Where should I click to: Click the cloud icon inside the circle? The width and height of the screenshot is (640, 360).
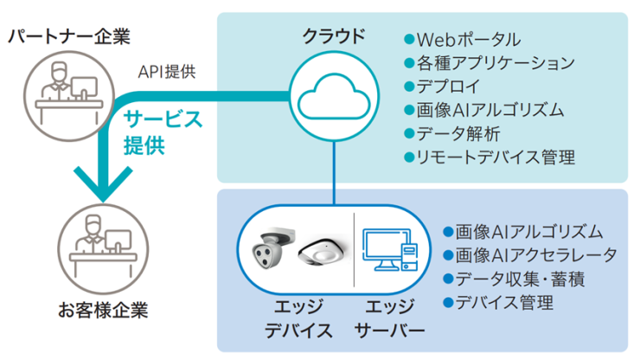pos(334,97)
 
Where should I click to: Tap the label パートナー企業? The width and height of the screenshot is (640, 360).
pos(69,36)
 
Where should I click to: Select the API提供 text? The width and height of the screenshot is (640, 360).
pos(167,72)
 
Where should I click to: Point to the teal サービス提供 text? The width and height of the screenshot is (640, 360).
pos(163,132)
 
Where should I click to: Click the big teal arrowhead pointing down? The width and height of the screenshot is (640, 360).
pos(103,183)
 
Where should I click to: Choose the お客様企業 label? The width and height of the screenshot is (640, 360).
pos(103,310)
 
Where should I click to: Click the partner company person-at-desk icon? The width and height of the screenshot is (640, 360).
pos(68,95)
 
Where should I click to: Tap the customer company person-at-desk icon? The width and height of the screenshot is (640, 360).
pos(103,249)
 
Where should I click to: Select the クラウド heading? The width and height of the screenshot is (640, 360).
pos(334,36)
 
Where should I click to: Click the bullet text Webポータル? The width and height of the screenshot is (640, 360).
pos(463,40)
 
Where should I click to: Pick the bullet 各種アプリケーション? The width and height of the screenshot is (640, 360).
pos(490,63)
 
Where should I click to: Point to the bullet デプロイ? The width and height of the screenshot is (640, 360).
pos(442,87)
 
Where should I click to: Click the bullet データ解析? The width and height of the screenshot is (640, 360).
pos(451,133)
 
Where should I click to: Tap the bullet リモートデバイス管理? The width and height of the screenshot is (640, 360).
pos(490,157)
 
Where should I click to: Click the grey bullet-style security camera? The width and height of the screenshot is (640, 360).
pos(272,247)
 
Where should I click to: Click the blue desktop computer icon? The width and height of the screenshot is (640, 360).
pos(390,249)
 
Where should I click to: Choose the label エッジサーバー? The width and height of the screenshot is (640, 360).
pos(390,318)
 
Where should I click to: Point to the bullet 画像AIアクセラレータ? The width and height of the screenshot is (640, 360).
pos(530,255)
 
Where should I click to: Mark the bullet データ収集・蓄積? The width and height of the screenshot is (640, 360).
pos(514,280)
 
